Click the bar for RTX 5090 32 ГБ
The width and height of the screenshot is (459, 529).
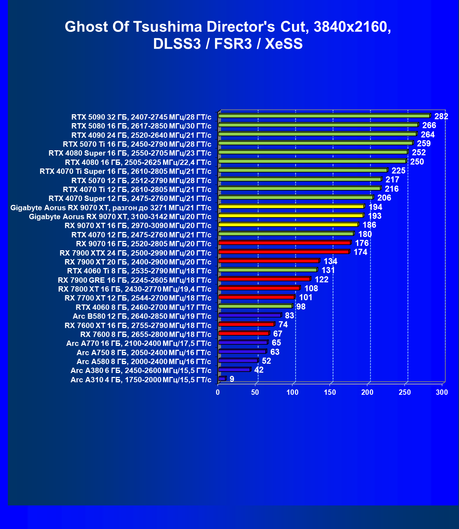pos(324,116)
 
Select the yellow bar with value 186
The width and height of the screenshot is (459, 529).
pos(288,225)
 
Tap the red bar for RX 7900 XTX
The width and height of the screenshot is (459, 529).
pos(284,252)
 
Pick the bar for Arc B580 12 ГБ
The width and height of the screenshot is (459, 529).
pos(250,316)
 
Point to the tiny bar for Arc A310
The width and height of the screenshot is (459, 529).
pos(222,379)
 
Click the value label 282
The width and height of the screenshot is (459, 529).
pos(441,116)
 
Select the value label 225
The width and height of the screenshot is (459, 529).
pos(398,171)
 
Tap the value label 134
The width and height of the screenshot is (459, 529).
pos(330,261)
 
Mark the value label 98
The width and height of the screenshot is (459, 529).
pos(301,307)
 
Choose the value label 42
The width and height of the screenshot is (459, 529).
pos(259,370)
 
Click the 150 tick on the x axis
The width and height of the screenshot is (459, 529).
pos(330,393)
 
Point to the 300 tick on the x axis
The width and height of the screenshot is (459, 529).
pos(442,393)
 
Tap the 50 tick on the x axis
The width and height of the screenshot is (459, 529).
pos(255,393)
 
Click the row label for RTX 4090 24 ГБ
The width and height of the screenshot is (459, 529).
pos(141,135)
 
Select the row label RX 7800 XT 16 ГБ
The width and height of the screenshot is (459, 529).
pos(134,289)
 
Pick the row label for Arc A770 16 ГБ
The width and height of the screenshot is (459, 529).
pos(139,343)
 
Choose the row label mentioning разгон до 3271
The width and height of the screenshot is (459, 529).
pos(111,208)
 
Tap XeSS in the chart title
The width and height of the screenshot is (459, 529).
pos(284,44)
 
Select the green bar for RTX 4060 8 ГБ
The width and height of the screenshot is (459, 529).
pos(255,306)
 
